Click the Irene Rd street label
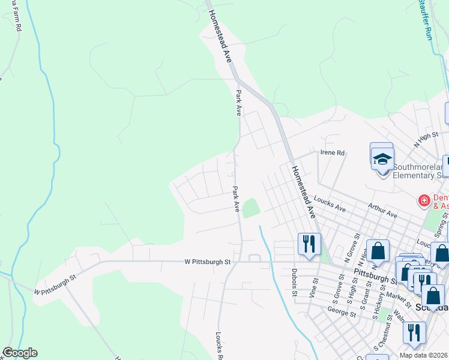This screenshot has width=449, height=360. [333, 153]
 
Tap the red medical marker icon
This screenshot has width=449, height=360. [424, 200]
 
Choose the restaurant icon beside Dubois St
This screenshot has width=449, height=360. [310, 244]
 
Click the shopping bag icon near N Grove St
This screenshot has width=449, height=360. [378, 250]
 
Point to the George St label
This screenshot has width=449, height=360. [339, 310]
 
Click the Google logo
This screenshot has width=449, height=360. [19, 353]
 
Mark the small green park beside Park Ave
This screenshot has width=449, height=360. [252, 208]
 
